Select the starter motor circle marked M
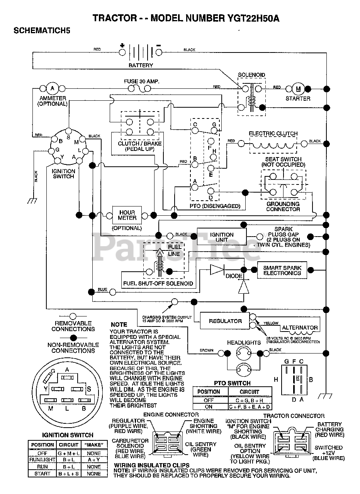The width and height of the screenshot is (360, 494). pyautogui.click(x=298, y=89)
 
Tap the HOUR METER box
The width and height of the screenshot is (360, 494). pyautogui.click(x=127, y=215)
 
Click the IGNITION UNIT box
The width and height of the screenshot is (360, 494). pyautogui.click(x=222, y=237)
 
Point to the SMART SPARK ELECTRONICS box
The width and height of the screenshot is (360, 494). pyautogui.click(x=282, y=270)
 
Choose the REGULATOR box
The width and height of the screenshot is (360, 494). pyautogui.click(x=225, y=321)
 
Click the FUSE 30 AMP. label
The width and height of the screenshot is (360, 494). pyautogui.click(x=141, y=81)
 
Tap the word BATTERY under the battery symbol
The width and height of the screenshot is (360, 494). pyautogui.click(x=141, y=65)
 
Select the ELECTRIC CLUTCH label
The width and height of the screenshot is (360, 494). pyautogui.click(x=273, y=134)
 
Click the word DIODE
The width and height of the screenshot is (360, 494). pyautogui.click(x=234, y=276)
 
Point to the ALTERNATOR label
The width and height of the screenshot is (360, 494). pyautogui.click(x=300, y=328)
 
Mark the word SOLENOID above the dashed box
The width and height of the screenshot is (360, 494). pyautogui.click(x=251, y=75)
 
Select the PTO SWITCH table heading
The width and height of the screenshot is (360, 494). pyautogui.click(x=232, y=383)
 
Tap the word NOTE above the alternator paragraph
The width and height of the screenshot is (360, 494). pyautogui.click(x=119, y=325)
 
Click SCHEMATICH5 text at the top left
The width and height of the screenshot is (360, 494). pyautogui.click(x=42, y=31)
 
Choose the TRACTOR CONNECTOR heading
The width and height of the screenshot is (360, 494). pyautogui.click(x=299, y=416)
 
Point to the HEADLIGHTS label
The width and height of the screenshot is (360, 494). pyautogui.click(x=244, y=342)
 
